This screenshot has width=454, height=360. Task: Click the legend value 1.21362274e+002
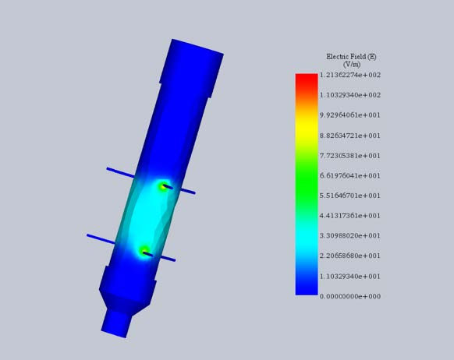[x=349, y=75]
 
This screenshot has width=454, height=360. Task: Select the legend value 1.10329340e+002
[x=349, y=95]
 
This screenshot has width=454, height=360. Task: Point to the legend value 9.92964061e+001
[x=349, y=115]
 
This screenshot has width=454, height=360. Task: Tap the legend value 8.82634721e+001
[x=349, y=136]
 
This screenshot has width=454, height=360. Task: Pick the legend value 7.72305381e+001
[x=349, y=156]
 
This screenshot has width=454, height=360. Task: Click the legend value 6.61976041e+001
[x=349, y=176]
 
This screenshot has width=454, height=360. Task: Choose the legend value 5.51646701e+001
[x=349, y=196]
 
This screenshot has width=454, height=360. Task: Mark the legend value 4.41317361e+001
[x=349, y=216]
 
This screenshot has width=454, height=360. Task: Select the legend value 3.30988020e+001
[x=349, y=235]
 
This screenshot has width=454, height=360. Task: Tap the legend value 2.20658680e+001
[x=349, y=256]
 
